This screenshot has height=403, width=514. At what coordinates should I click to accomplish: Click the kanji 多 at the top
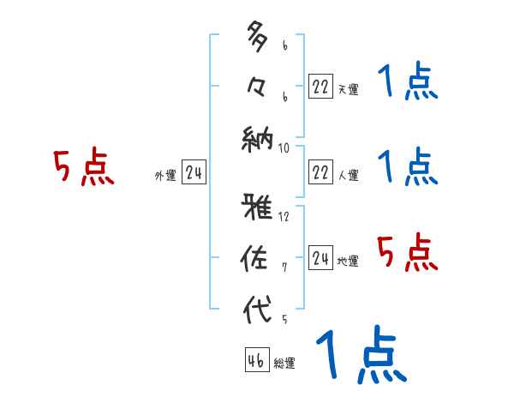click(258, 39)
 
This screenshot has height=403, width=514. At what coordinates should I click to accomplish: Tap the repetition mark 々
click(257, 86)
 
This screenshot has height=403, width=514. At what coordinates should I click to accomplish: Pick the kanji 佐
click(258, 258)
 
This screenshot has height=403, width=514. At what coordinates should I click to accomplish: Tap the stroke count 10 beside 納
click(284, 147)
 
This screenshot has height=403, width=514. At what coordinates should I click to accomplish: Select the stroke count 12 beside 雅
click(284, 216)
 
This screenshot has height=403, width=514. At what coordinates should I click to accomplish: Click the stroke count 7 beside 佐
click(284, 268)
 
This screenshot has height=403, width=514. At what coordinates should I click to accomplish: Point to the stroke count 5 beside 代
click(284, 319)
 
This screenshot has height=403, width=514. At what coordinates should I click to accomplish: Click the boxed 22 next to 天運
click(320, 85)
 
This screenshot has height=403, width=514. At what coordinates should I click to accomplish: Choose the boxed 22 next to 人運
click(320, 172)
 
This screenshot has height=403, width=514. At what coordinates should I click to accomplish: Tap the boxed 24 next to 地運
click(320, 258)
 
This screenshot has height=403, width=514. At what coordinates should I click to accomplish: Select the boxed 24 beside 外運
click(194, 172)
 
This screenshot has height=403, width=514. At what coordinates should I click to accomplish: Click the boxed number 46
click(256, 359)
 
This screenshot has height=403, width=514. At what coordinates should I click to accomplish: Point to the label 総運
click(284, 364)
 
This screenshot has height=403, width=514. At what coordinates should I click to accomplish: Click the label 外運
click(165, 176)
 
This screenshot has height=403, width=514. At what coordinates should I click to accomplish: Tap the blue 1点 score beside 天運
click(408, 83)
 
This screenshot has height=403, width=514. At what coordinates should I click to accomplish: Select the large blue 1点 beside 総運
click(360, 356)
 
